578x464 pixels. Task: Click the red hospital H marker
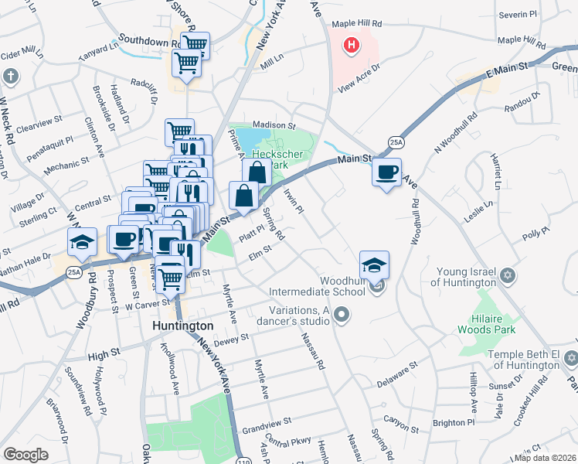point(352,46)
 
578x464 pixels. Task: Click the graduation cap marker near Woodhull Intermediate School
point(374,265)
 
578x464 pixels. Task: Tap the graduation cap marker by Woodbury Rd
point(82,242)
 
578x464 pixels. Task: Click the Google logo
point(25,455)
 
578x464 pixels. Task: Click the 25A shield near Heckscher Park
point(396,142)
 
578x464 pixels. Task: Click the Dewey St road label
point(231,338)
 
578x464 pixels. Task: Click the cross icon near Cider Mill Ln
point(10,77)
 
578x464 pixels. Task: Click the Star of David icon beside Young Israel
point(508,276)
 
